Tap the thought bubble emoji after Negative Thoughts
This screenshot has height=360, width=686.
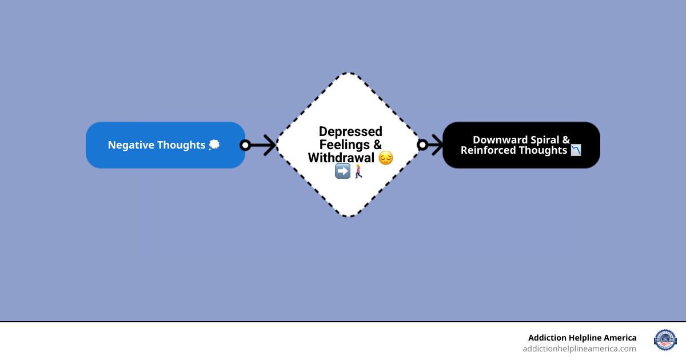[x=214, y=145]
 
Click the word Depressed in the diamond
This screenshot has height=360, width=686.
[x=350, y=132]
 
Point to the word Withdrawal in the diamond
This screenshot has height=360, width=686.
[x=341, y=158]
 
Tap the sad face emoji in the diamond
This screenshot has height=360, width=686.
[x=386, y=158]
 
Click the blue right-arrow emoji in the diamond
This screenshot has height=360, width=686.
[x=342, y=171]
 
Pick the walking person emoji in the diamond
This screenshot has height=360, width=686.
[x=358, y=171]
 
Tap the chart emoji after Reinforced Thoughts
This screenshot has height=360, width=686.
[x=575, y=150]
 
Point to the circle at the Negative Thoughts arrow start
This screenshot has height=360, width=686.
[x=245, y=145]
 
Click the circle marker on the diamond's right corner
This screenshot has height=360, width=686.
[x=422, y=145]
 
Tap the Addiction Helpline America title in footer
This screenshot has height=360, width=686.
[x=582, y=338]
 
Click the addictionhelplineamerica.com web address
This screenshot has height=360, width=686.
[x=579, y=349]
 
